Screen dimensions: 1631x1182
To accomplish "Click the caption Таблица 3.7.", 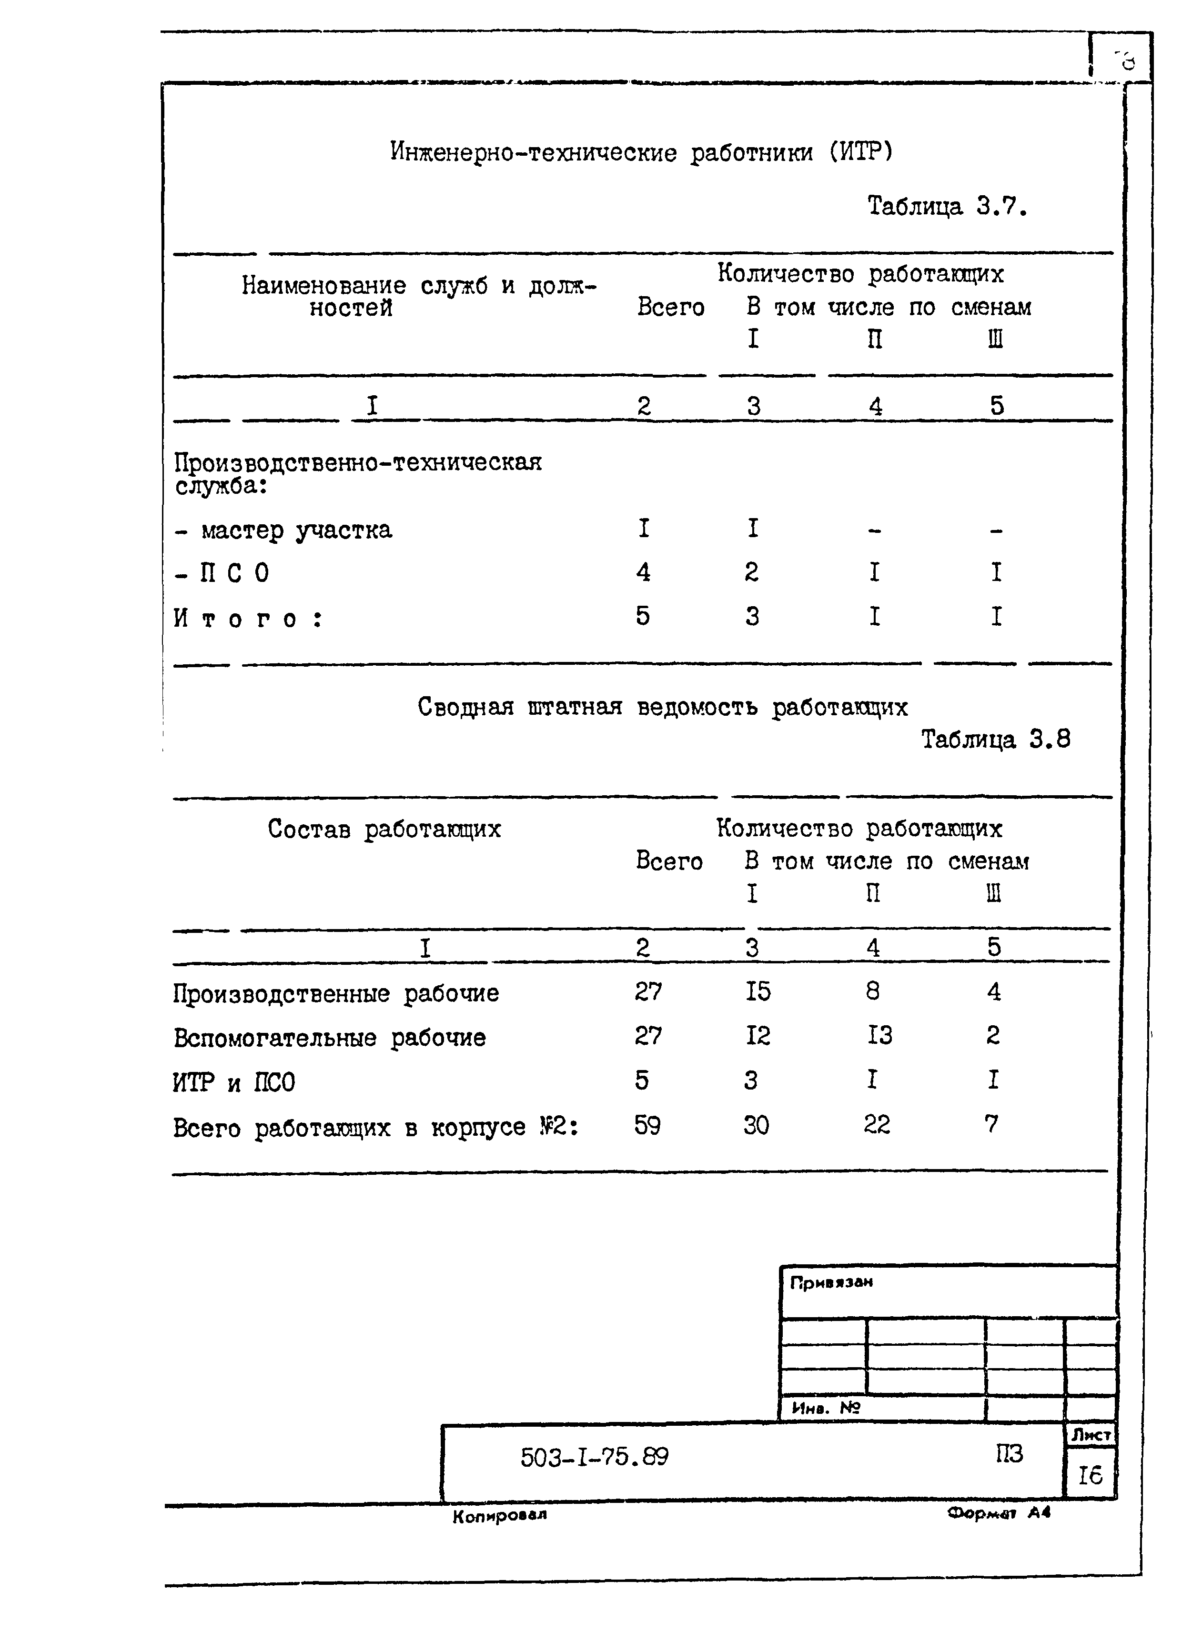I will [x=947, y=207].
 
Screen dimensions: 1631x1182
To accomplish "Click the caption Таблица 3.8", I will [x=996, y=739].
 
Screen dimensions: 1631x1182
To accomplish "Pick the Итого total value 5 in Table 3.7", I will [x=642, y=616].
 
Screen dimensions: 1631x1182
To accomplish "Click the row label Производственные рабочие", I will [x=336, y=994].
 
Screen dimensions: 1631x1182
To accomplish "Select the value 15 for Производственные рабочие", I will [x=758, y=991].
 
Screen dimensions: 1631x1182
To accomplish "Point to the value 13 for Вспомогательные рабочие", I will [x=879, y=1036].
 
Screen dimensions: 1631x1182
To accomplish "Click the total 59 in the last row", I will [x=647, y=1125].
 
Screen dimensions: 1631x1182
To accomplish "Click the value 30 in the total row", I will [x=756, y=1125].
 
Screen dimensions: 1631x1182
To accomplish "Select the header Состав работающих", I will [x=384, y=829].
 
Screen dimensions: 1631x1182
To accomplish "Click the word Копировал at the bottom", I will [x=499, y=1516].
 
